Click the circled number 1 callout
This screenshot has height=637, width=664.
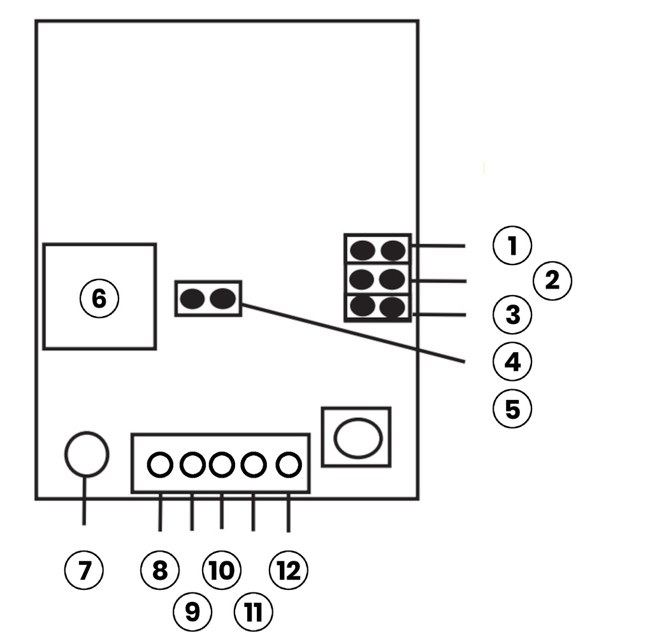[x=512, y=246]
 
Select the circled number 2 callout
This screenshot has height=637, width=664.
[x=552, y=280]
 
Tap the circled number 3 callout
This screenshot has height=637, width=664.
[x=512, y=315]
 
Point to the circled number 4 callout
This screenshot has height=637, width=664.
[x=512, y=362]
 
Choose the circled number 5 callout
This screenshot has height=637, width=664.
[x=512, y=409]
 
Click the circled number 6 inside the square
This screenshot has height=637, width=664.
[x=99, y=298]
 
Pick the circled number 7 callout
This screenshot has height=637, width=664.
[x=84, y=570]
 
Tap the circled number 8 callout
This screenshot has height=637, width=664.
[x=159, y=570]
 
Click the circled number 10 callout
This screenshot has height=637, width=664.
[x=221, y=570]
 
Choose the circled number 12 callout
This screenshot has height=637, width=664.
[x=288, y=570]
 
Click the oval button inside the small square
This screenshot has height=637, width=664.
[x=357, y=438]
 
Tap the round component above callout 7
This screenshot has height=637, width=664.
[x=86, y=454]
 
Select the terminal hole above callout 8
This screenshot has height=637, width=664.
[x=159, y=465]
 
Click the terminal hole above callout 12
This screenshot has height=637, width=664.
[x=288, y=465]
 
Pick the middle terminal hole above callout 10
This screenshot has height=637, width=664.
[x=221, y=465]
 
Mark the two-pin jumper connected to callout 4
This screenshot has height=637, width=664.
[x=208, y=298]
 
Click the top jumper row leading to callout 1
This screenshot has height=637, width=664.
[x=377, y=250]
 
